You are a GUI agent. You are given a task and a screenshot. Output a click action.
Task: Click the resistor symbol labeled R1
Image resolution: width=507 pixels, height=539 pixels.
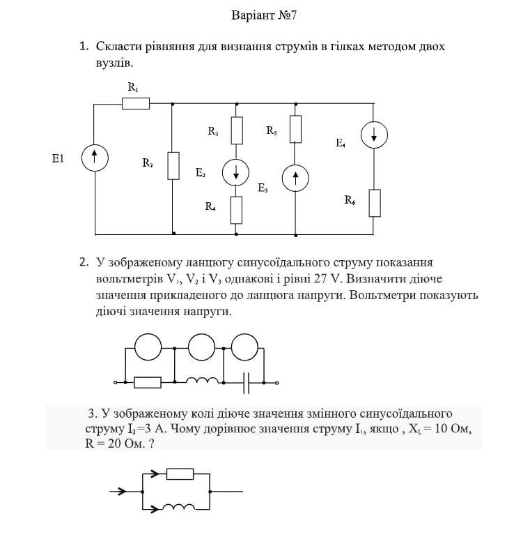coord(136,104)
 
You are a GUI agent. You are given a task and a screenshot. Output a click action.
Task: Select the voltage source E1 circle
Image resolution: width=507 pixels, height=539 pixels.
coord(93,158)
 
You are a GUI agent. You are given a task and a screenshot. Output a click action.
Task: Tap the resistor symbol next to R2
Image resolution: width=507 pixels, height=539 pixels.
coord(173,165)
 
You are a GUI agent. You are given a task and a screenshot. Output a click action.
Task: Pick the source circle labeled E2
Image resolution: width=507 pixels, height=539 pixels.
coord(237,172)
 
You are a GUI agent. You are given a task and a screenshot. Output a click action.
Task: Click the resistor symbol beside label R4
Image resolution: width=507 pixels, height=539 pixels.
coord(237,209)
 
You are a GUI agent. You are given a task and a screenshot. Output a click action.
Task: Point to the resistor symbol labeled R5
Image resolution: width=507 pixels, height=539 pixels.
coord(296,129)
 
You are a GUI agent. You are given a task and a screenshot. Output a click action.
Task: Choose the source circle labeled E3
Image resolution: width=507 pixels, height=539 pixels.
coord(296,179)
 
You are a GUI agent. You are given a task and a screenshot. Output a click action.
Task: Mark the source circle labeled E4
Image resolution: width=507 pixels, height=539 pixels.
coord(375,135)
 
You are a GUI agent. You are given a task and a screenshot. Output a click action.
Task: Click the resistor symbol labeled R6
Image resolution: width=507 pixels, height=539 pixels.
coord(375,202)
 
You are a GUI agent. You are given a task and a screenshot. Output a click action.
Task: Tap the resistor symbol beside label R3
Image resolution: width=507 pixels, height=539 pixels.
coord(237,130)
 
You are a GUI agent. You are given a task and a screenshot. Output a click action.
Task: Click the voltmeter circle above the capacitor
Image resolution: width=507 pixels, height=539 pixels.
coord(244,347)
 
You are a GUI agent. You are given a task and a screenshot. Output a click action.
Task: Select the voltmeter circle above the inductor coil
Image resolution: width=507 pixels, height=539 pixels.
coord(202,347)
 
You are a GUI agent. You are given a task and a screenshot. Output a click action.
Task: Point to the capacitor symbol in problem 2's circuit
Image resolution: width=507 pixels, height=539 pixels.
coord(247,382)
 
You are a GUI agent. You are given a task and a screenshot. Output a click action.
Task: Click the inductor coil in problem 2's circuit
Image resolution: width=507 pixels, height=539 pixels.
coord(202,381)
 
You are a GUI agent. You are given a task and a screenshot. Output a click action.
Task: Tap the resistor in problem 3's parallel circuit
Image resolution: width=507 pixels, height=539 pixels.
coord(180,474)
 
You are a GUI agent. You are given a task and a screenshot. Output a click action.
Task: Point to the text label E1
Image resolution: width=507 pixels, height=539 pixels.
coord(58,159)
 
